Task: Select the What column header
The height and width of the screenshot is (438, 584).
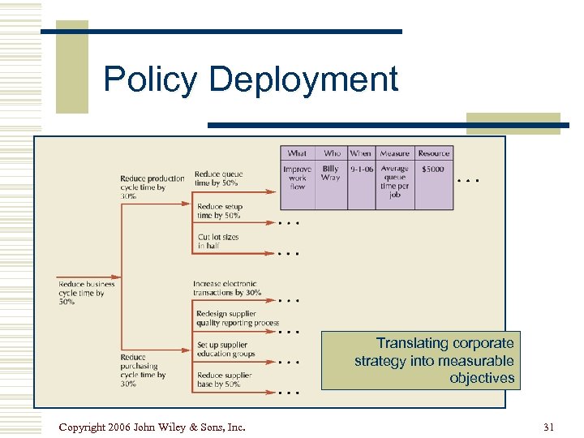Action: pyautogui.click(x=297, y=152)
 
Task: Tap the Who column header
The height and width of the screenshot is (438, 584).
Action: pyautogui.click(x=332, y=152)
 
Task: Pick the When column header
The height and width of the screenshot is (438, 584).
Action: pyautogui.click(x=360, y=152)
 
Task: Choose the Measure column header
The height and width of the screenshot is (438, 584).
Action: pyautogui.click(x=394, y=152)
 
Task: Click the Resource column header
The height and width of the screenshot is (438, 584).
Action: pyautogui.click(x=433, y=152)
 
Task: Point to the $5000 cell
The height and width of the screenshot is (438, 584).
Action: pyautogui.click(x=432, y=169)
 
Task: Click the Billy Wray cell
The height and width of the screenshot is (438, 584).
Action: pyautogui.click(x=331, y=173)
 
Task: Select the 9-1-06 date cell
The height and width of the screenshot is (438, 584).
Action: pyautogui.click(x=360, y=169)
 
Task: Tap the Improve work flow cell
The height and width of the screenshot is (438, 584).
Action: pyautogui.click(x=297, y=178)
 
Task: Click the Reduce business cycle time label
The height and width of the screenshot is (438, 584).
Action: pyautogui.click(x=86, y=292)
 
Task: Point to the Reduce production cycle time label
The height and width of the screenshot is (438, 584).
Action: pyautogui.click(x=152, y=187)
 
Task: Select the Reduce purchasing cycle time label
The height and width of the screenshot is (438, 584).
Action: pyautogui.click(x=143, y=370)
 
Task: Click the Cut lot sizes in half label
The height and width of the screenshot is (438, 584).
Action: pyautogui.click(x=219, y=241)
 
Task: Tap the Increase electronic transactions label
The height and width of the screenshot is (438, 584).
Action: pyautogui.click(x=227, y=288)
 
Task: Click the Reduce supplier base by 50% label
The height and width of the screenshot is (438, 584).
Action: pyautogui.click(x=224, y=380)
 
